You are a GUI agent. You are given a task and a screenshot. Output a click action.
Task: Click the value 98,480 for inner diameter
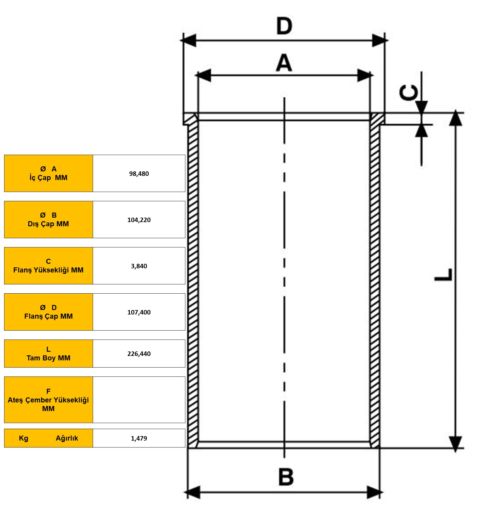(139, 173)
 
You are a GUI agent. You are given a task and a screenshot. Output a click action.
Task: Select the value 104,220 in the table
(139, 220)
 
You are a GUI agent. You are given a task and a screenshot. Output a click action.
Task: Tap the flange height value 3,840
(139, 266)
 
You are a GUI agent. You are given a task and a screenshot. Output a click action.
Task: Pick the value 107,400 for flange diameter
(139, 312)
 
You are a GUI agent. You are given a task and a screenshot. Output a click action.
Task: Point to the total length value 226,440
(139, 354)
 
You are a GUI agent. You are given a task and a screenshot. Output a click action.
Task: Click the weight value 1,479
(139, 438)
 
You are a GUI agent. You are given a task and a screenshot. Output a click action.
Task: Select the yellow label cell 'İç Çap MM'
(49, 173)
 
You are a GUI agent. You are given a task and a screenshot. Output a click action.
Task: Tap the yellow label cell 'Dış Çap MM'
(49, 219)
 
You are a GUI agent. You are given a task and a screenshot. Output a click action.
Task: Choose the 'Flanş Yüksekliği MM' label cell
(49, 266)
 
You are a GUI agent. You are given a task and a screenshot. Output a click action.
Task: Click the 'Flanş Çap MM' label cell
(49, 312)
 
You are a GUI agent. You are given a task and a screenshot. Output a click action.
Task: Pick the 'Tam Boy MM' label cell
(49, 354)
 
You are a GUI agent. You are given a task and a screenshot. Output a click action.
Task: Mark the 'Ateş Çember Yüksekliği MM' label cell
(49, 400)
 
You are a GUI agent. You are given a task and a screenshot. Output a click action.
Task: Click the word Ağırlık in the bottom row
(67, 438)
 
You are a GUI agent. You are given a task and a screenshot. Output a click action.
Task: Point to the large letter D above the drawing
(284, 26)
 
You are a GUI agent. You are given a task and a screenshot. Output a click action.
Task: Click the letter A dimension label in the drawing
(284, 63)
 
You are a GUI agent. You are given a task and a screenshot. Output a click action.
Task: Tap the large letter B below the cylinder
(286, 477)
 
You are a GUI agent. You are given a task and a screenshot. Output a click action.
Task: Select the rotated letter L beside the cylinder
(444, 275)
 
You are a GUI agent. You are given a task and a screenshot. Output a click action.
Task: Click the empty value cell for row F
(139, 400)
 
